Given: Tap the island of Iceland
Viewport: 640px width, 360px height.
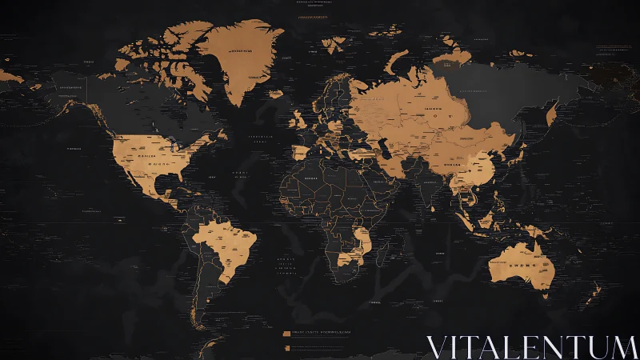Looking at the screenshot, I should pos(276,94).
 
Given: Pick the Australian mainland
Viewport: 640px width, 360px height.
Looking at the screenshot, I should pos(520,264).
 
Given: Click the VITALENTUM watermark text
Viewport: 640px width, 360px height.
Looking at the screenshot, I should pos(531,346).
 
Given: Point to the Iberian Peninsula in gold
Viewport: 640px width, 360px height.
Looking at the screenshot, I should pos(299,152).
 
